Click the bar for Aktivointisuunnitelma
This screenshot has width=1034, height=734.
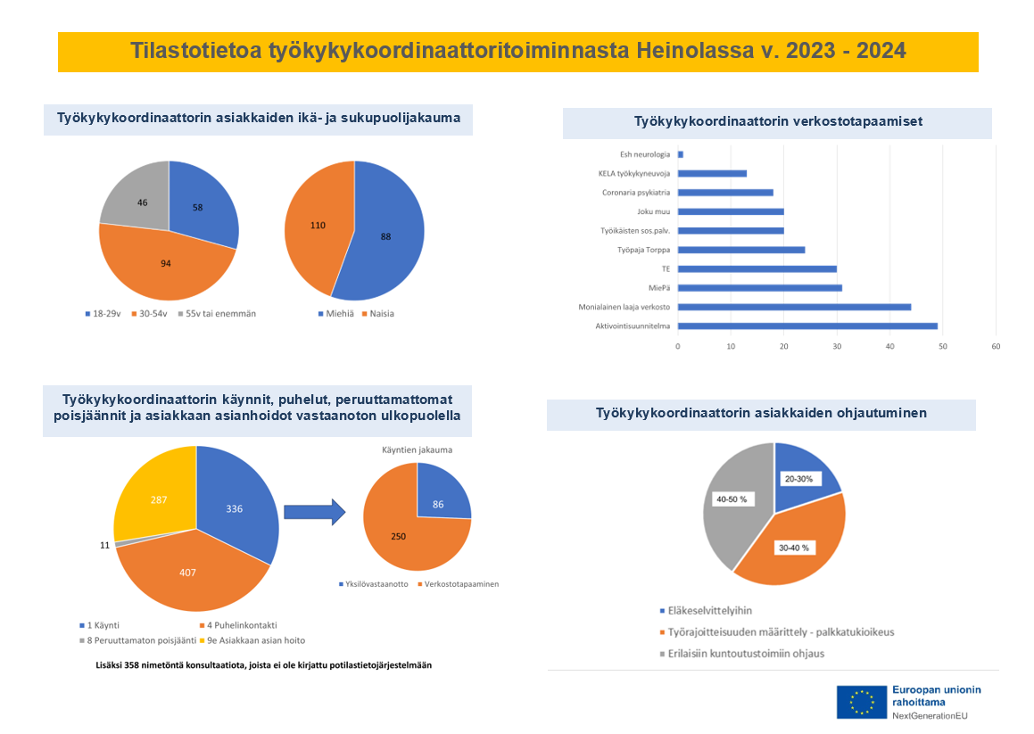coord(807,326)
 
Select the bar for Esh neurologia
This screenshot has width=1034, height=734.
coord(681,154)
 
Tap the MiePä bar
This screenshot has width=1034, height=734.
coord(760,287)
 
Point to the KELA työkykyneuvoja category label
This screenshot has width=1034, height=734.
coord(633,173)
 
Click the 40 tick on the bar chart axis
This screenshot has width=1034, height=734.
coord(889,346)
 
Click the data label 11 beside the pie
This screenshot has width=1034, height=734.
coord(105,546)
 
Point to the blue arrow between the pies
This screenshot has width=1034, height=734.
coord(315,512)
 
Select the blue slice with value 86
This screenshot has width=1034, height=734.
coord(441,495)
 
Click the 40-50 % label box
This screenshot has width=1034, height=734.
coord(732,499)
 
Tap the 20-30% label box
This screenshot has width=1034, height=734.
coord(798,479)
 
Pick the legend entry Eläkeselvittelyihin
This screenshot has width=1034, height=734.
coord(706,611)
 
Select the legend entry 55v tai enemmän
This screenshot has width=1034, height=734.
coord(217,314)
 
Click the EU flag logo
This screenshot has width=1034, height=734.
coord(861,703)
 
